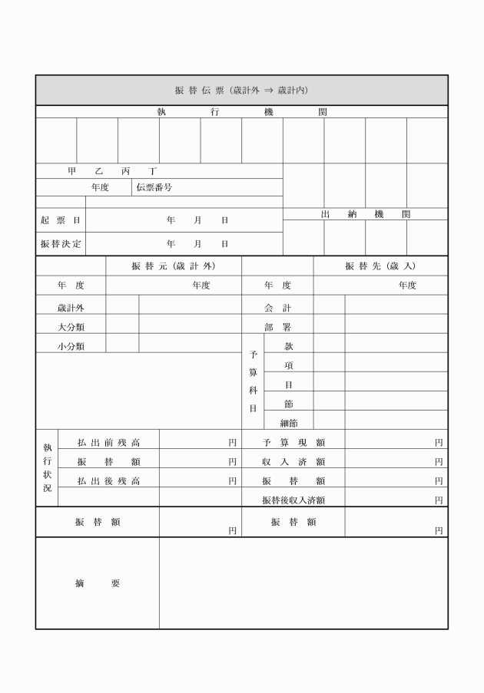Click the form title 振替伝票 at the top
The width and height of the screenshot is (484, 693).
point(241,90)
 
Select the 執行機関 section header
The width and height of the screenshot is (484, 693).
point(241,111)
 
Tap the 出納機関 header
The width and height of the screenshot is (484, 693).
point(365,214)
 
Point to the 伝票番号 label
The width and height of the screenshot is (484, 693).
point(154,186)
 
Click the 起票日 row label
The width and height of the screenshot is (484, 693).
point(60,220)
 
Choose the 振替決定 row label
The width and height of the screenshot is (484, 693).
point(60,244)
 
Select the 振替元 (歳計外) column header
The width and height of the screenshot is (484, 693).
point(173,266)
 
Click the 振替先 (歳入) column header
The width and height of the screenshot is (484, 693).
point(380,266)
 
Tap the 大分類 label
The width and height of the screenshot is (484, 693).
point(71,327)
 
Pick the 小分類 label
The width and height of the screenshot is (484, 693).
point(71,346)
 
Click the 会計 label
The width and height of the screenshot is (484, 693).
point(277,308)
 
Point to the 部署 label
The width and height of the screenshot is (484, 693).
point(277,327)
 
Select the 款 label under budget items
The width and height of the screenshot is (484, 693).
point(288,346)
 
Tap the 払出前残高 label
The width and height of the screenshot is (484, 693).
point(108,443)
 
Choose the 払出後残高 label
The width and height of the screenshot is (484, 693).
point(108,481)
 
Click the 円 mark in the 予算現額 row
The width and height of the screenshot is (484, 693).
point(439,443)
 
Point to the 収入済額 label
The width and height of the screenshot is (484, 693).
point(293,462)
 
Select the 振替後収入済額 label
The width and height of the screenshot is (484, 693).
point(293,500)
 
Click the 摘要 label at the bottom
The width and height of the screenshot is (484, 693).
point(97,583)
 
